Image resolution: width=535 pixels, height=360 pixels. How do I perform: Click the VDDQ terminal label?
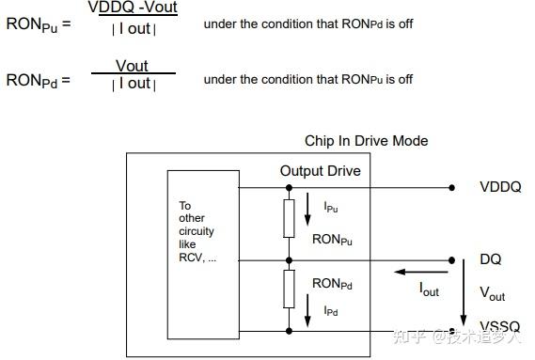coord(499,187)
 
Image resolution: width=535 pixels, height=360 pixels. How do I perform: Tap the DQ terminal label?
coord(490,259)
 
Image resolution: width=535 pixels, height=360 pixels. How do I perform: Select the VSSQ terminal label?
coord(499,326)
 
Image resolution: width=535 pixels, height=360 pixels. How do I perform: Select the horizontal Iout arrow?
coord(414,273)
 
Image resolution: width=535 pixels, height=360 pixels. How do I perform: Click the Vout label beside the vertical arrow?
coord(492,293)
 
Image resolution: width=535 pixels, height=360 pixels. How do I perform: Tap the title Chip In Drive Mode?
coord(366,141)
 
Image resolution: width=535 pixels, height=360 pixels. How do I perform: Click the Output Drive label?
coord(320,171)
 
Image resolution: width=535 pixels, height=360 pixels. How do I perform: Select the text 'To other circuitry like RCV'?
coord(197,230)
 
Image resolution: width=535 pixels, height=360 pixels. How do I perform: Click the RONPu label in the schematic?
coord(332,240)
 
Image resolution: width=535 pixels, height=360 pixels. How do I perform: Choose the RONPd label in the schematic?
coord(332,283)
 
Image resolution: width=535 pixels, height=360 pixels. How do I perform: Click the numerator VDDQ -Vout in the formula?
coord(133,8)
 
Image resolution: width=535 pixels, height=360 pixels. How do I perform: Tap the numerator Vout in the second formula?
coord(132,66)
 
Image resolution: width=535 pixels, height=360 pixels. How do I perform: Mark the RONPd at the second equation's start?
coord(32,80)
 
